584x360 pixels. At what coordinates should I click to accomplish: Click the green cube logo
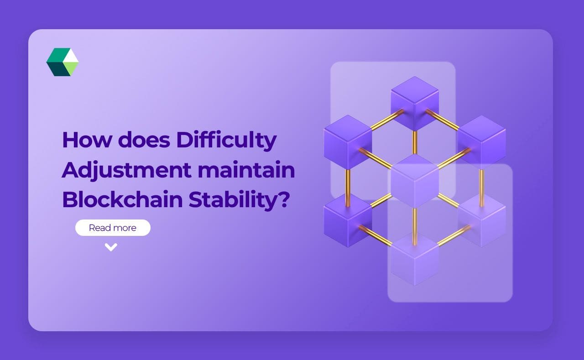tap(63, 62)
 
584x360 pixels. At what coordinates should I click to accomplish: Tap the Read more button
tap(113, 228)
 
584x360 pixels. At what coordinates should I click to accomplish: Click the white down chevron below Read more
tap(111, 247)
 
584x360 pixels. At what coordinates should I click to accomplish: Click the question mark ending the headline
tap(284, 199)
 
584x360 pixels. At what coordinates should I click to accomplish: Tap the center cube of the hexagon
tap(415, 180)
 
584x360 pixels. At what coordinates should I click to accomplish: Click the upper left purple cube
tap(348, 140)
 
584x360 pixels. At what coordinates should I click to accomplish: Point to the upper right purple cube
tap(482, 140)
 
